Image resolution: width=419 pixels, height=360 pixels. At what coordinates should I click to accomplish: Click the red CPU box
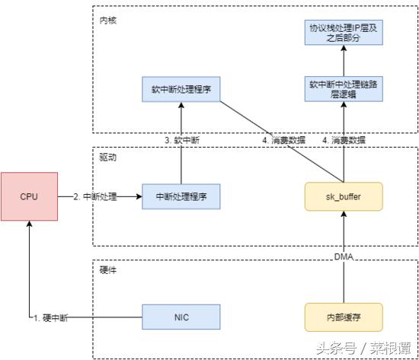[28, 196]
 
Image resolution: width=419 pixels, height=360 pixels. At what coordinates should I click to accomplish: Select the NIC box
[181, 317]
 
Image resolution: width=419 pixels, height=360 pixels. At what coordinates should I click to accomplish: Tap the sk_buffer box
[342, 196]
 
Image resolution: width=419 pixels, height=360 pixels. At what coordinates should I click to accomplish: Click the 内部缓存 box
[342, 317]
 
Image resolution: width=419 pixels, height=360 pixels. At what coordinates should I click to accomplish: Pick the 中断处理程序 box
[181, 196]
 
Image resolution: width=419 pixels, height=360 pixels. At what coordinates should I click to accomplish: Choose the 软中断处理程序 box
[181, 89]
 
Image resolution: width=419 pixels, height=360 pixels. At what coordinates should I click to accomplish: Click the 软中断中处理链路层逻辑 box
[342, 89]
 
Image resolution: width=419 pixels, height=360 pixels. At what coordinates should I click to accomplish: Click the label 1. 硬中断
[50, 318]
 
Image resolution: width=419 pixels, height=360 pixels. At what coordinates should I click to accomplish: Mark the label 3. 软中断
[181, 140]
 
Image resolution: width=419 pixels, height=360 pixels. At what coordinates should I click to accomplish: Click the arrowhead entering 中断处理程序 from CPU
[139, 196]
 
